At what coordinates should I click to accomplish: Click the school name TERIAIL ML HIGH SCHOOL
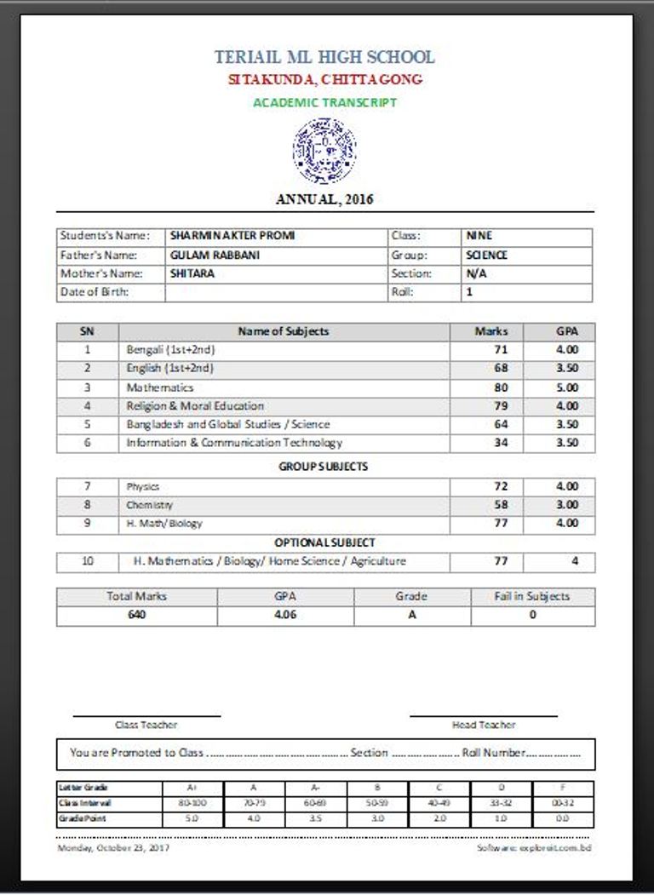(324, 57)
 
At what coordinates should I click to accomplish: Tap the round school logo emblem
(324, 151)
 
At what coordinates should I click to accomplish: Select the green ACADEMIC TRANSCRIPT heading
(324, 102)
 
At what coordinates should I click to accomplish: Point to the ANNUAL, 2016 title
(324, 199)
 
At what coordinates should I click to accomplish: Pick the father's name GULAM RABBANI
(204, 255)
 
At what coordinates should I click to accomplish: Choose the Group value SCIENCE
(487, 255)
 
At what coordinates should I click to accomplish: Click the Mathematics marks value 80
(501, 387)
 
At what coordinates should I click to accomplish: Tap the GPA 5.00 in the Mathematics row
(567, 387)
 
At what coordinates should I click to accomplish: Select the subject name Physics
(143, 487)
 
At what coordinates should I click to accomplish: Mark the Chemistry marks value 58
(501, 505)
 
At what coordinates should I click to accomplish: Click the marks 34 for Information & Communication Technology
(501, 443)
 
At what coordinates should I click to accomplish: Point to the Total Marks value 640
(136, 615)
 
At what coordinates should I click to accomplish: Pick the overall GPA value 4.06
(285, 615)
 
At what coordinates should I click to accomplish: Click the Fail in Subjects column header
(532, 596)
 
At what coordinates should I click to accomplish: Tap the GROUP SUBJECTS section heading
(324, 467)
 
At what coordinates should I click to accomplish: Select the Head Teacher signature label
(483, 725)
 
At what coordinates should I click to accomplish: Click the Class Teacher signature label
(146, 725)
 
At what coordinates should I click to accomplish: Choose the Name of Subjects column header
(284, 331)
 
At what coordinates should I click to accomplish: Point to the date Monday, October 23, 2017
(112, 848)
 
